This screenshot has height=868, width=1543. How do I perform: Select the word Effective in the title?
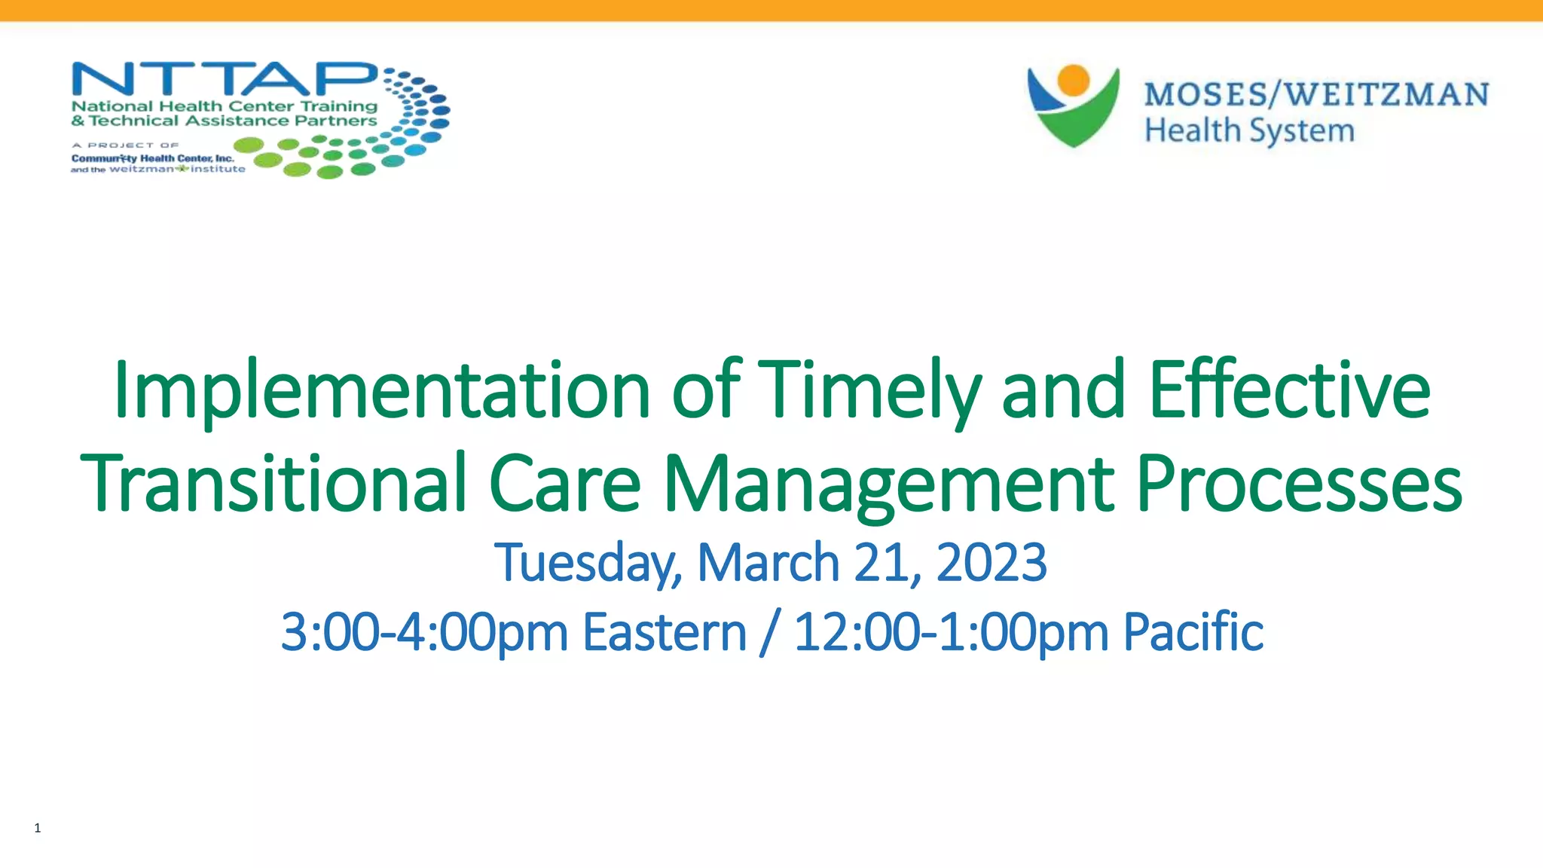[x=1289, y=390]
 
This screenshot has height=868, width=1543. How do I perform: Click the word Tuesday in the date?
[x=588, y=564]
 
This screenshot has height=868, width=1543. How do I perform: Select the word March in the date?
[x=768, y=563]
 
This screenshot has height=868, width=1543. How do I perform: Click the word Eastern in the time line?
[x=664, y=632]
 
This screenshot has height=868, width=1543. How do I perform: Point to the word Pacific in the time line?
[x=1193, y=632]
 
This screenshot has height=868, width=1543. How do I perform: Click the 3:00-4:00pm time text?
[x=424, y=632]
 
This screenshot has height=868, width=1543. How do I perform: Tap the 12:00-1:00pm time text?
[x=951, y=632]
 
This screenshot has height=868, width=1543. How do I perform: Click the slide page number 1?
[x=38, y=828]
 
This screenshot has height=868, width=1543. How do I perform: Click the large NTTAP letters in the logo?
[x=224, y=80]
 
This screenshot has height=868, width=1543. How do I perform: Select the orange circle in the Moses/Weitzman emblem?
[x=1073, y=80]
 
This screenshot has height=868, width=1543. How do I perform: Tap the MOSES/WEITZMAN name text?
[x=1315, y=95]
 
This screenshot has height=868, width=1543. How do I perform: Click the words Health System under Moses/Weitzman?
[x=1249, y=131]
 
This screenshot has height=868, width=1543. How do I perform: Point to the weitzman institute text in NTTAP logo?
[x=177, y=170]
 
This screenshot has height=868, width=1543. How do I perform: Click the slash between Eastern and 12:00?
[x=769, y=632]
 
